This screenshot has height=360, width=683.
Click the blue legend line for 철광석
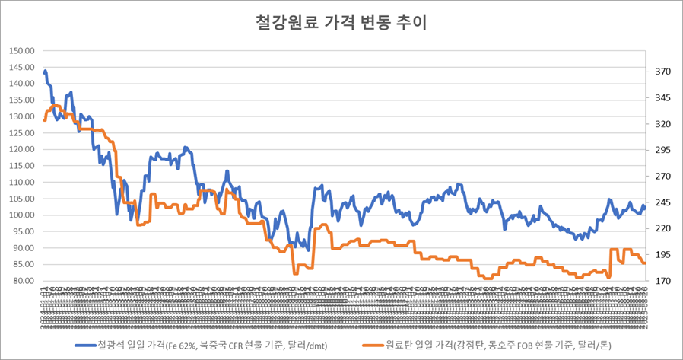[86, 345]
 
